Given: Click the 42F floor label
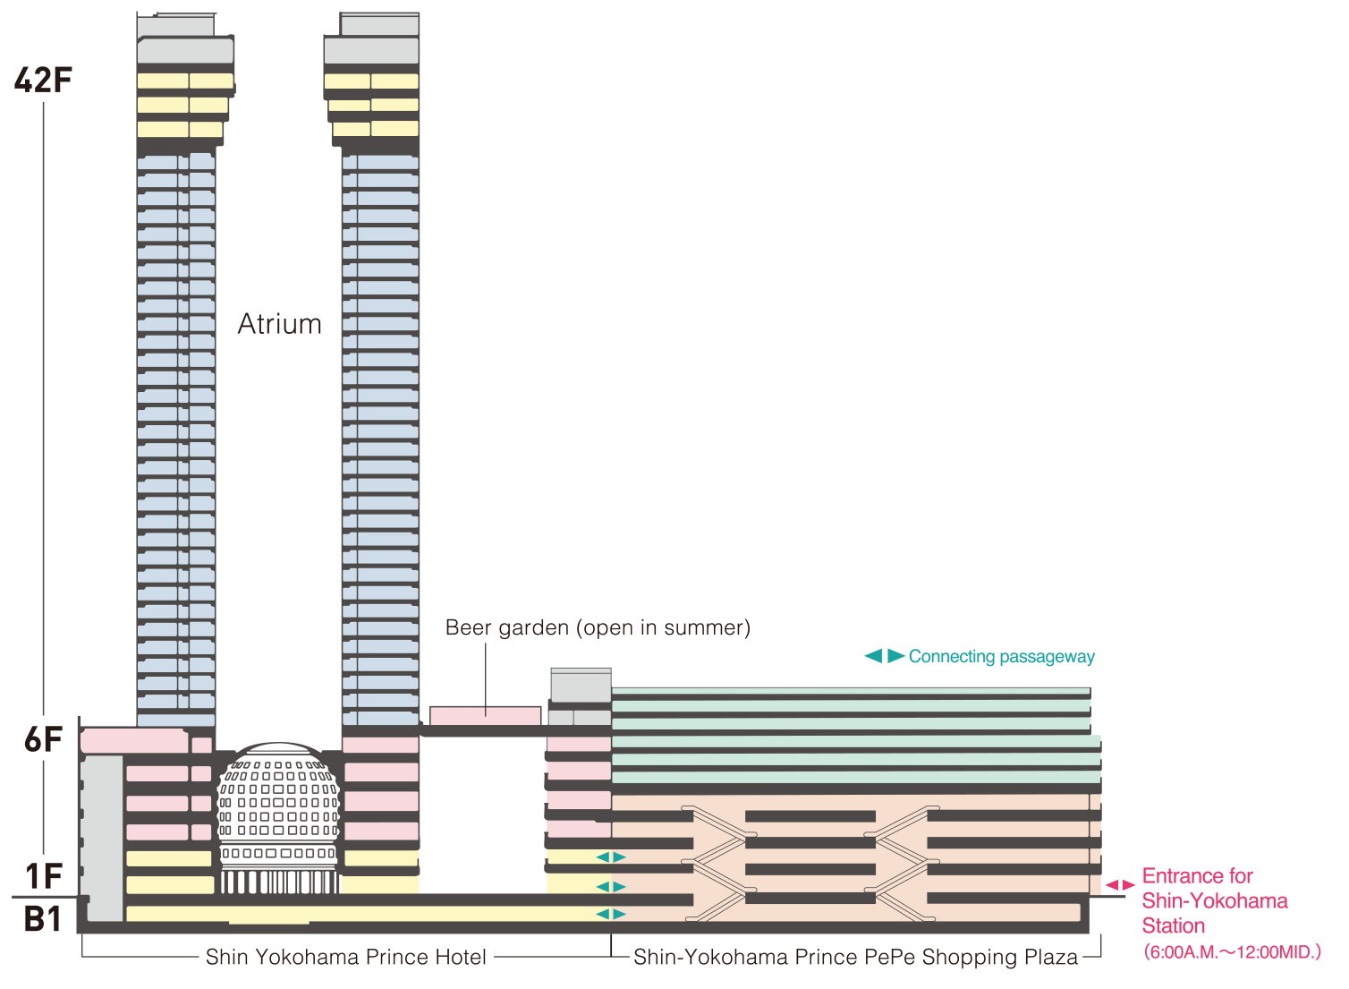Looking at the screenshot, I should pos(42,81).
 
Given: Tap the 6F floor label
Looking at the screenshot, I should pos(43,740).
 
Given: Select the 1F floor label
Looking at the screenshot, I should pos(44,876).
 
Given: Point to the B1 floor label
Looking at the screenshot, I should pos(43,919).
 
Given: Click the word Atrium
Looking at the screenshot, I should pos(279,324).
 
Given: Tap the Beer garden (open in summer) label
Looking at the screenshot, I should pos(598,628).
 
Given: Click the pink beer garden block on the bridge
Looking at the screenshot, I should pos(485,716).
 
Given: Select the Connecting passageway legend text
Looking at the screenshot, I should pos(1001,657).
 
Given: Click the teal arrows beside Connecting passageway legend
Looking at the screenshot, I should pos(884,656).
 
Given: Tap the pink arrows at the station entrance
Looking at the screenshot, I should pos(1119,885).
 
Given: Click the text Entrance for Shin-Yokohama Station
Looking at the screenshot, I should pos(1214,900).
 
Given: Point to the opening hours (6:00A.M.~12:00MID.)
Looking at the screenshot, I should pos(1232,952).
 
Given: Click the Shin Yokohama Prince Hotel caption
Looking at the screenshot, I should pos(346,957).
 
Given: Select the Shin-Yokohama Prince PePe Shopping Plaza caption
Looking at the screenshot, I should pos(855,957).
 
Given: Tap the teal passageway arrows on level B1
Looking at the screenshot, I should pos(611,914).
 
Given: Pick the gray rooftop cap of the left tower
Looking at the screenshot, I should pos(185,40).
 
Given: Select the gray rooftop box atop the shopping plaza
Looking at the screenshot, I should pos(581,686).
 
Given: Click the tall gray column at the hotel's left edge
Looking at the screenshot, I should pos(104,837).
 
